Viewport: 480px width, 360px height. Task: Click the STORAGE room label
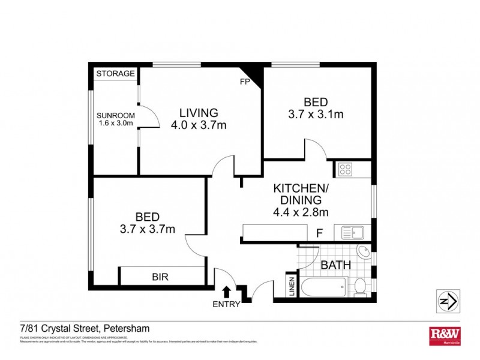pyautogui.click(x=116, y=73)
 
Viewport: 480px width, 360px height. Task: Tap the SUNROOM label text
pyautogui.click(x=116, y=116)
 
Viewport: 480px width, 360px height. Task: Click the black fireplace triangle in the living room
pyautogui.click(x=255, y=76)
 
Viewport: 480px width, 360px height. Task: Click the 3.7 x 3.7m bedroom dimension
pyautogui.click(x=147, y=229)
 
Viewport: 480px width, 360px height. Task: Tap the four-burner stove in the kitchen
pyautogui.click(x=346, y=169)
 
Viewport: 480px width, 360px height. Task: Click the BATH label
pyautogui.click(x=336, y=265)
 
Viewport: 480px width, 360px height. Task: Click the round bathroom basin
pyautogui.click(x=364, y=252)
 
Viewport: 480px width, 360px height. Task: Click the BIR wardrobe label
pyautogui.click(x=160, y=277)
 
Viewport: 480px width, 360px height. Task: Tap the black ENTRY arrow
pyautogui.click(x=226, y=292)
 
